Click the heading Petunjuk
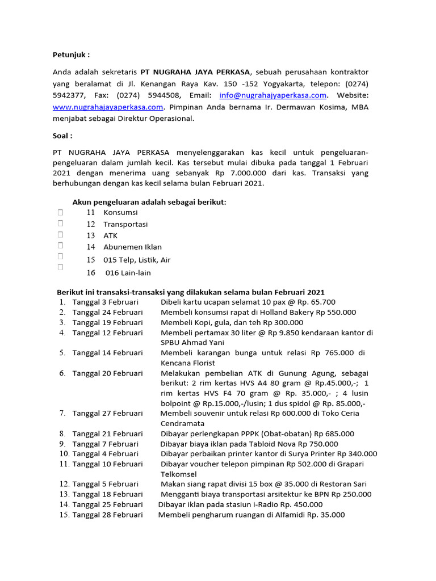point(71,55)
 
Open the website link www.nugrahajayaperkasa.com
point(108,107)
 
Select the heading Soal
point(62,136)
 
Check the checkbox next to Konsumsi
point(60,212)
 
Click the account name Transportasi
point(125,224)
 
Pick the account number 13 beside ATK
point(91,235)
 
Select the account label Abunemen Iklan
point(132,247)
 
